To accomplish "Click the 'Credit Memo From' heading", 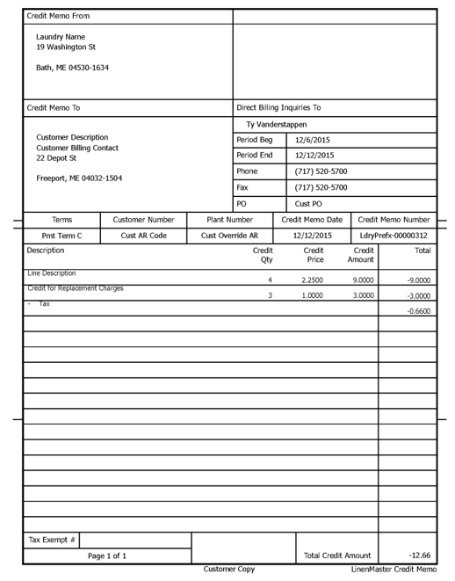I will tap(58, 16).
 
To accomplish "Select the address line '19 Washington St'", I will tap(66, 47).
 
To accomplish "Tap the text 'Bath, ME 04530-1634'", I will tap(72, 68).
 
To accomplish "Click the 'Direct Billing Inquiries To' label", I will tap(278, 108).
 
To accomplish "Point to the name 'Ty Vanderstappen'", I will tap(277, 125).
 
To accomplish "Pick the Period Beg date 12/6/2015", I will tap(314, 140).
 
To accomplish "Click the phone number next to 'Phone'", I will tap(321, 171).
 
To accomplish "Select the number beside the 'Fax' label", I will tap(321, 187).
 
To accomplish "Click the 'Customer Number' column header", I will tap(144, 220).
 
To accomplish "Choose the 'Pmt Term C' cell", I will tap(61, 236).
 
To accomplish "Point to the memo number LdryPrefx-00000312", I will tap(394, 236).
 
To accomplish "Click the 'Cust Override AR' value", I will tap(229, 236).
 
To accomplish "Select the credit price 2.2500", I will tap(314, 280).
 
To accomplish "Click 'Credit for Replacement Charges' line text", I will tap(76, 288).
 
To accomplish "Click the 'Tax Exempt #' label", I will tap(52, 540).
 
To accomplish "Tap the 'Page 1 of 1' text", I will tap(107, 556).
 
